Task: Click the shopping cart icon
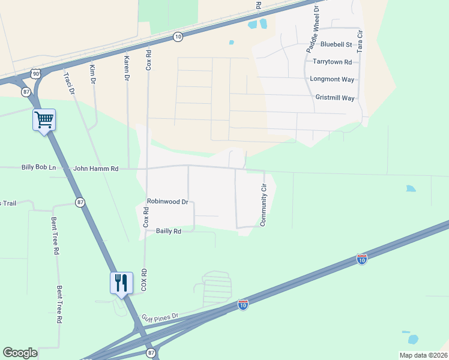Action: pos(44,120)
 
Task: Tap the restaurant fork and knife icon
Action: pos(121,283)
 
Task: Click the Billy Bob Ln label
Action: pos(38,168)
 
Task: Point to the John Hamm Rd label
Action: pos(96,169)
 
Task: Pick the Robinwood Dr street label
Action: pos(167,202)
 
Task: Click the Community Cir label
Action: pos(263,206)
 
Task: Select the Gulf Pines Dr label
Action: pos(160,316)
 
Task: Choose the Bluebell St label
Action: pos(336,44)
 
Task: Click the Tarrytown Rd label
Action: pos(332,62)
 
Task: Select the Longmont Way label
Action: pos(332,79)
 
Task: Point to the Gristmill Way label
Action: pos(335,98)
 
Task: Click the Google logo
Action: pos(20,353)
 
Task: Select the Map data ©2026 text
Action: pos(423,355)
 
